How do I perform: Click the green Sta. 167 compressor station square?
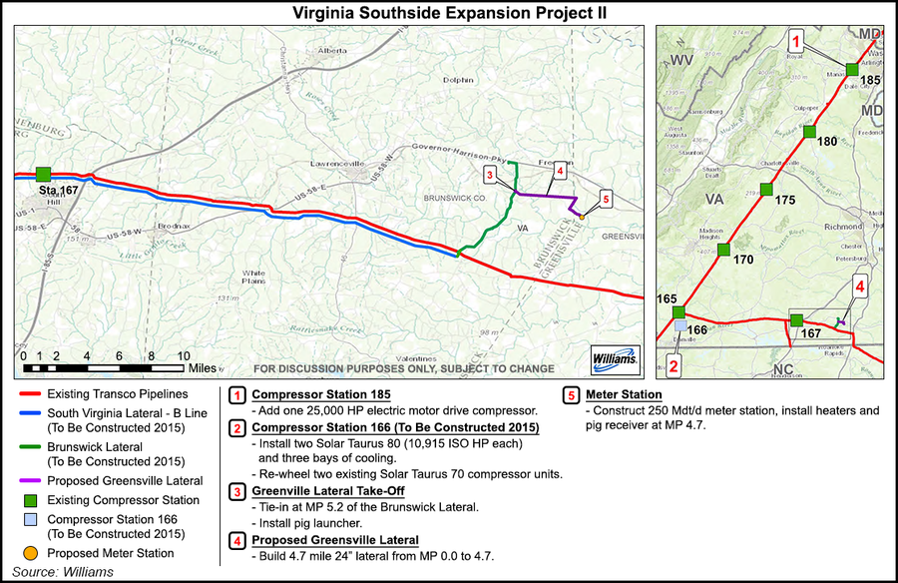coord(43,175)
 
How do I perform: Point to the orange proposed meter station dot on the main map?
coord(583,214)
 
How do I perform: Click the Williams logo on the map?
coord(609,358)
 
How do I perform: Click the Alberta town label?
coord(331,50)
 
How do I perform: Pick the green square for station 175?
coord(766,190)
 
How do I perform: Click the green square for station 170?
coord(723,250)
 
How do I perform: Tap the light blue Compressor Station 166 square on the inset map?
coord(680,325)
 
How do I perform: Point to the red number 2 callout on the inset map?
coord(674,365)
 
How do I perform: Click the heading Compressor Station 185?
coord(315,393)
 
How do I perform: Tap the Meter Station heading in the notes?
coord(626,393)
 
